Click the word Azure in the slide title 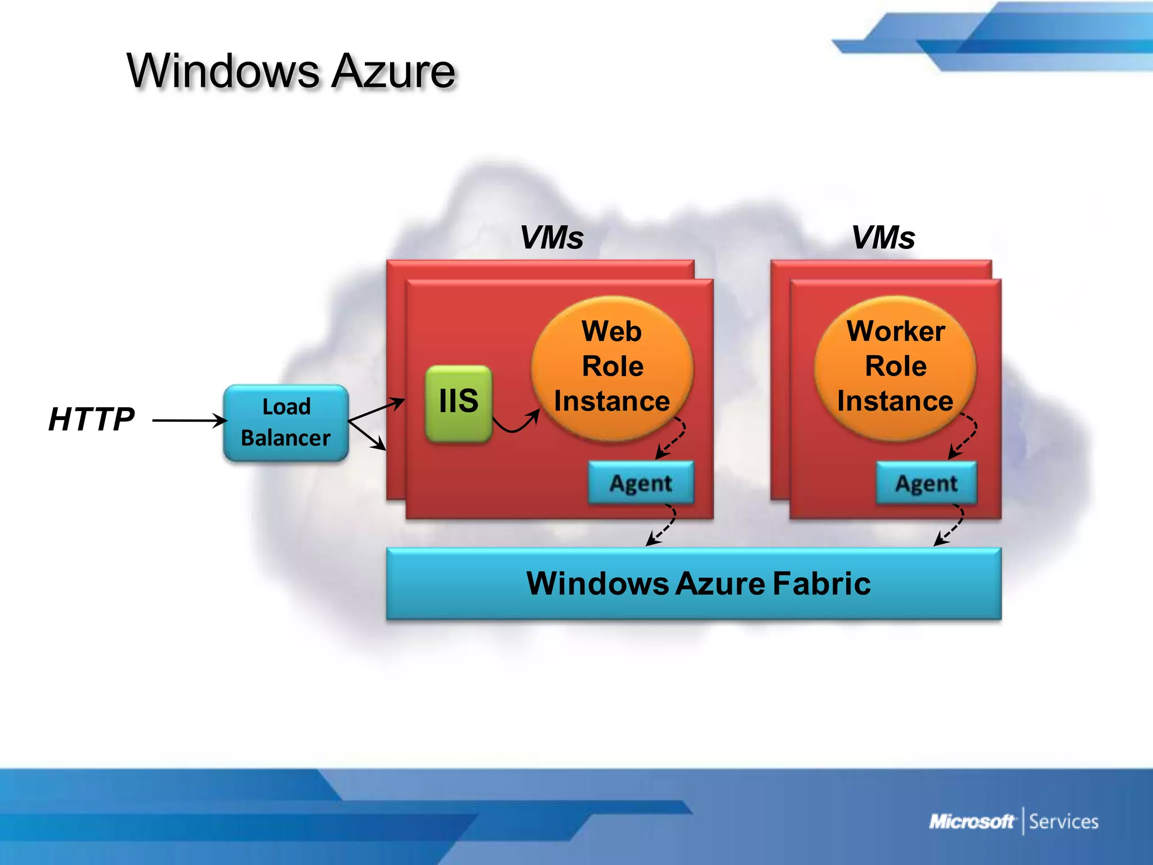pos(392,72)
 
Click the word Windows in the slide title pos(222,72)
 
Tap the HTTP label pos(91,420)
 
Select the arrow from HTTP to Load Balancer pos(189,421)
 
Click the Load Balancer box pos(286,423)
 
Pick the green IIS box pos(458,402)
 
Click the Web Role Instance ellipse pos(612,366)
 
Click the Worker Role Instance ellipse pos(895,366)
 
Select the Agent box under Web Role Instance pos(641,483)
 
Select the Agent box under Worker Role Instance pos(926,483)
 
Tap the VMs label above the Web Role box pos(551,238)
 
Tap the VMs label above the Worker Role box pos(883,238)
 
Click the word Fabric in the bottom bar pos(821,583)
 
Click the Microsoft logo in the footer pos(971,822)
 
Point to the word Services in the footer pos(1063,822)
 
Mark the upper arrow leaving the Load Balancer pos(376,410)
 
